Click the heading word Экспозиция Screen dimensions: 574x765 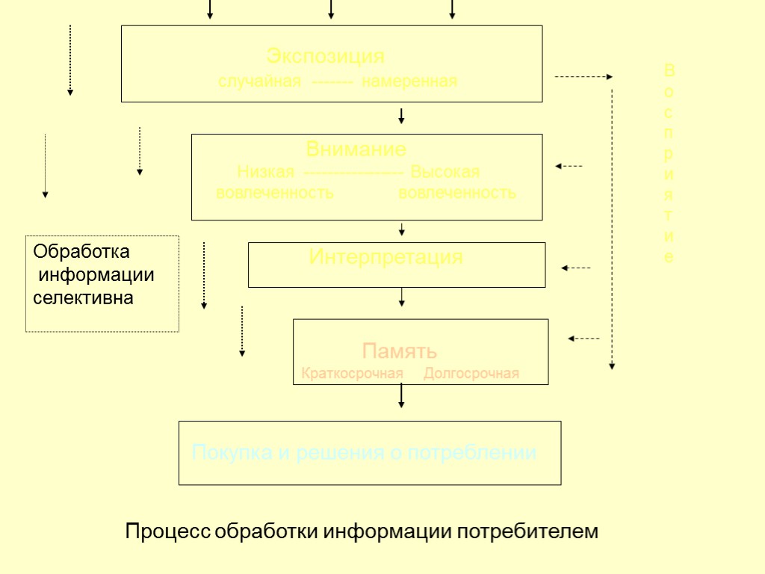coord(326,56)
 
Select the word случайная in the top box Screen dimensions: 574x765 coord(259,81)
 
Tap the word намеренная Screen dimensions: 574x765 coord(409,81)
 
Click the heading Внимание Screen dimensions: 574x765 coord(356,149)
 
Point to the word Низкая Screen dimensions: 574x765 coord(265,172)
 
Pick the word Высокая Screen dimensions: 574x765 coord(445,172)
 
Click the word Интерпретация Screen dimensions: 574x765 coord(385,258)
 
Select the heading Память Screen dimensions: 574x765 coord(400,351)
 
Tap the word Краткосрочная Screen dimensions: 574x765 coord(352,373)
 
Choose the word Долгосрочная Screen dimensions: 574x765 coord(471,373)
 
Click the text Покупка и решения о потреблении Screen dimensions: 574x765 coord(365,453)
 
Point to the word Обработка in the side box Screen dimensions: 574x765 coord(81,251)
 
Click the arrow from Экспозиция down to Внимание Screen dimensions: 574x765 coord(402,116)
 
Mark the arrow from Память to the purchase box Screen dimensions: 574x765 coord(402,395)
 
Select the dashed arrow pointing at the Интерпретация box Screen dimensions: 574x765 coord(575,268)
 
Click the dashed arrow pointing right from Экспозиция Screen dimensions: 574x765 coord(583,76)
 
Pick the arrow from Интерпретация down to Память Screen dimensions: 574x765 coord(402,297)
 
